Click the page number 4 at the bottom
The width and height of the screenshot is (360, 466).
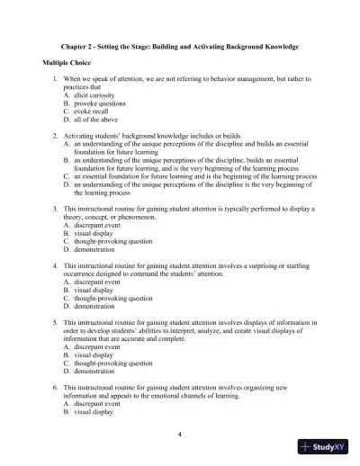click(180, 435)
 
